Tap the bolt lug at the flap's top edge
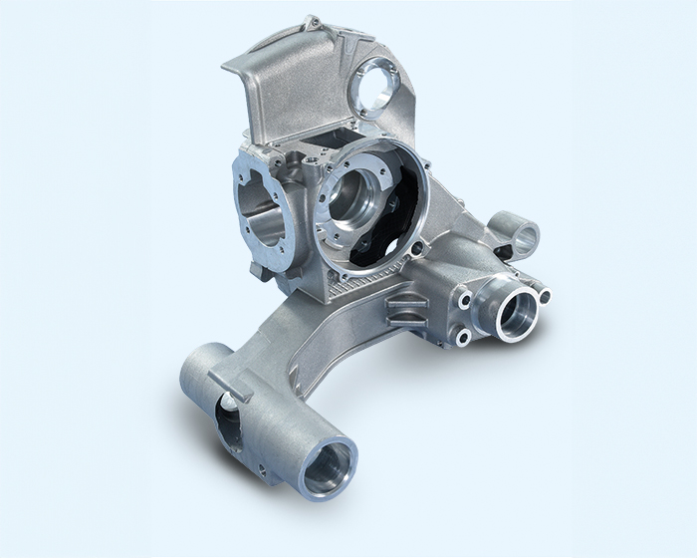314,21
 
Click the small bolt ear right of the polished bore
543,294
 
